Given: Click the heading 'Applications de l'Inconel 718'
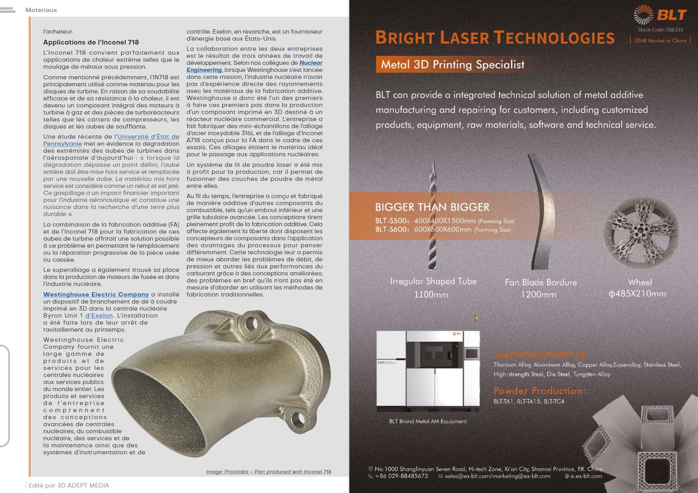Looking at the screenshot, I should coord(91,42).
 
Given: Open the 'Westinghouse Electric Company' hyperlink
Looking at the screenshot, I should coord(96,295).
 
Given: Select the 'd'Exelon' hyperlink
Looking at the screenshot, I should coord(99,316).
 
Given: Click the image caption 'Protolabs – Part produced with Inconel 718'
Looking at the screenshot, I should coord(269,472).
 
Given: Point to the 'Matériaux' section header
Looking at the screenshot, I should coord(41,10).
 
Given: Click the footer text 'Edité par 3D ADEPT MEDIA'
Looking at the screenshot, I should coord(69,486).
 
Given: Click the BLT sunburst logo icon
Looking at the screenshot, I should coord(643,15).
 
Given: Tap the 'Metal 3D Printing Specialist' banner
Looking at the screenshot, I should coord(452,64).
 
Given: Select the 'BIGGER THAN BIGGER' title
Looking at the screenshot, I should coord(432,207).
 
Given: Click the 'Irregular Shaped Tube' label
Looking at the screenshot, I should coord(433,281).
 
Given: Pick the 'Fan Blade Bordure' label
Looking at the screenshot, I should coord(541,282).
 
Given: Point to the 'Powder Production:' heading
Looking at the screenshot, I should coord(540,391).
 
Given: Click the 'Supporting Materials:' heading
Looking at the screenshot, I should coord(541,354).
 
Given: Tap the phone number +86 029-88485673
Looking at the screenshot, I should coord(401,476).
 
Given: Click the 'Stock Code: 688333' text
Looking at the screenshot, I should coord(660,30).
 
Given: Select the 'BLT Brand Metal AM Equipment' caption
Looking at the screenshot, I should coord(428,422).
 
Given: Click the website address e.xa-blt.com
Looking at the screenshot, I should coord(586,476).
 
